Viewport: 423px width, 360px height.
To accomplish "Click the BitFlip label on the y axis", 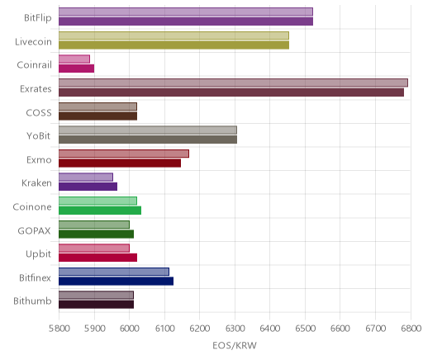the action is [x=38, y=18].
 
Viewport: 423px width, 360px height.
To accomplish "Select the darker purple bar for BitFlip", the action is [x=186, y=21].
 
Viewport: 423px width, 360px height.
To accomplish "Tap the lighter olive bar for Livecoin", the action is [x=173, y=36].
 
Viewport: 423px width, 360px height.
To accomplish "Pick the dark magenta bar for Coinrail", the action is [x=76, y=69].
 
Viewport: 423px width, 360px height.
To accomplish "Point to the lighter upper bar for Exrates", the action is [x=233, y=83].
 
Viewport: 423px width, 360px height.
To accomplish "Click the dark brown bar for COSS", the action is [x=97, y=116].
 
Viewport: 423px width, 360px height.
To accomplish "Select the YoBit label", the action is [x=39, y=136].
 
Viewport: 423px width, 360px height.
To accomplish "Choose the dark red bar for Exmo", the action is [x=120, y=163].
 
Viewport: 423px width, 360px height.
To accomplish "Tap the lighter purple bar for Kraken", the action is [x=86, y=177].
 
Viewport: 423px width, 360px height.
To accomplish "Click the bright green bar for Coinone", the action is [x=100, y=211].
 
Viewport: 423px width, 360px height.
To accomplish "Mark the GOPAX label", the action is [x=35, y=230].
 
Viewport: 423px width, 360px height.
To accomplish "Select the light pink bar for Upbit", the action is [x=94, y=248].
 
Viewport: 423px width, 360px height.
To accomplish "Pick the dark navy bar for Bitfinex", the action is [x=116, y=281].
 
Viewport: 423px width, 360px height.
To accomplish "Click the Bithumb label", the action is [x=32, y=301].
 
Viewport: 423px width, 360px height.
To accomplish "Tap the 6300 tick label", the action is [x=235, y=329].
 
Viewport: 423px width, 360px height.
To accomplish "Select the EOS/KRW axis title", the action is [x=235, y=345].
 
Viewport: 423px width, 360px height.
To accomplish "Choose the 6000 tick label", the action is [x=129, y=329].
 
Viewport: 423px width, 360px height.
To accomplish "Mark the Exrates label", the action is [x=36, y=89].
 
